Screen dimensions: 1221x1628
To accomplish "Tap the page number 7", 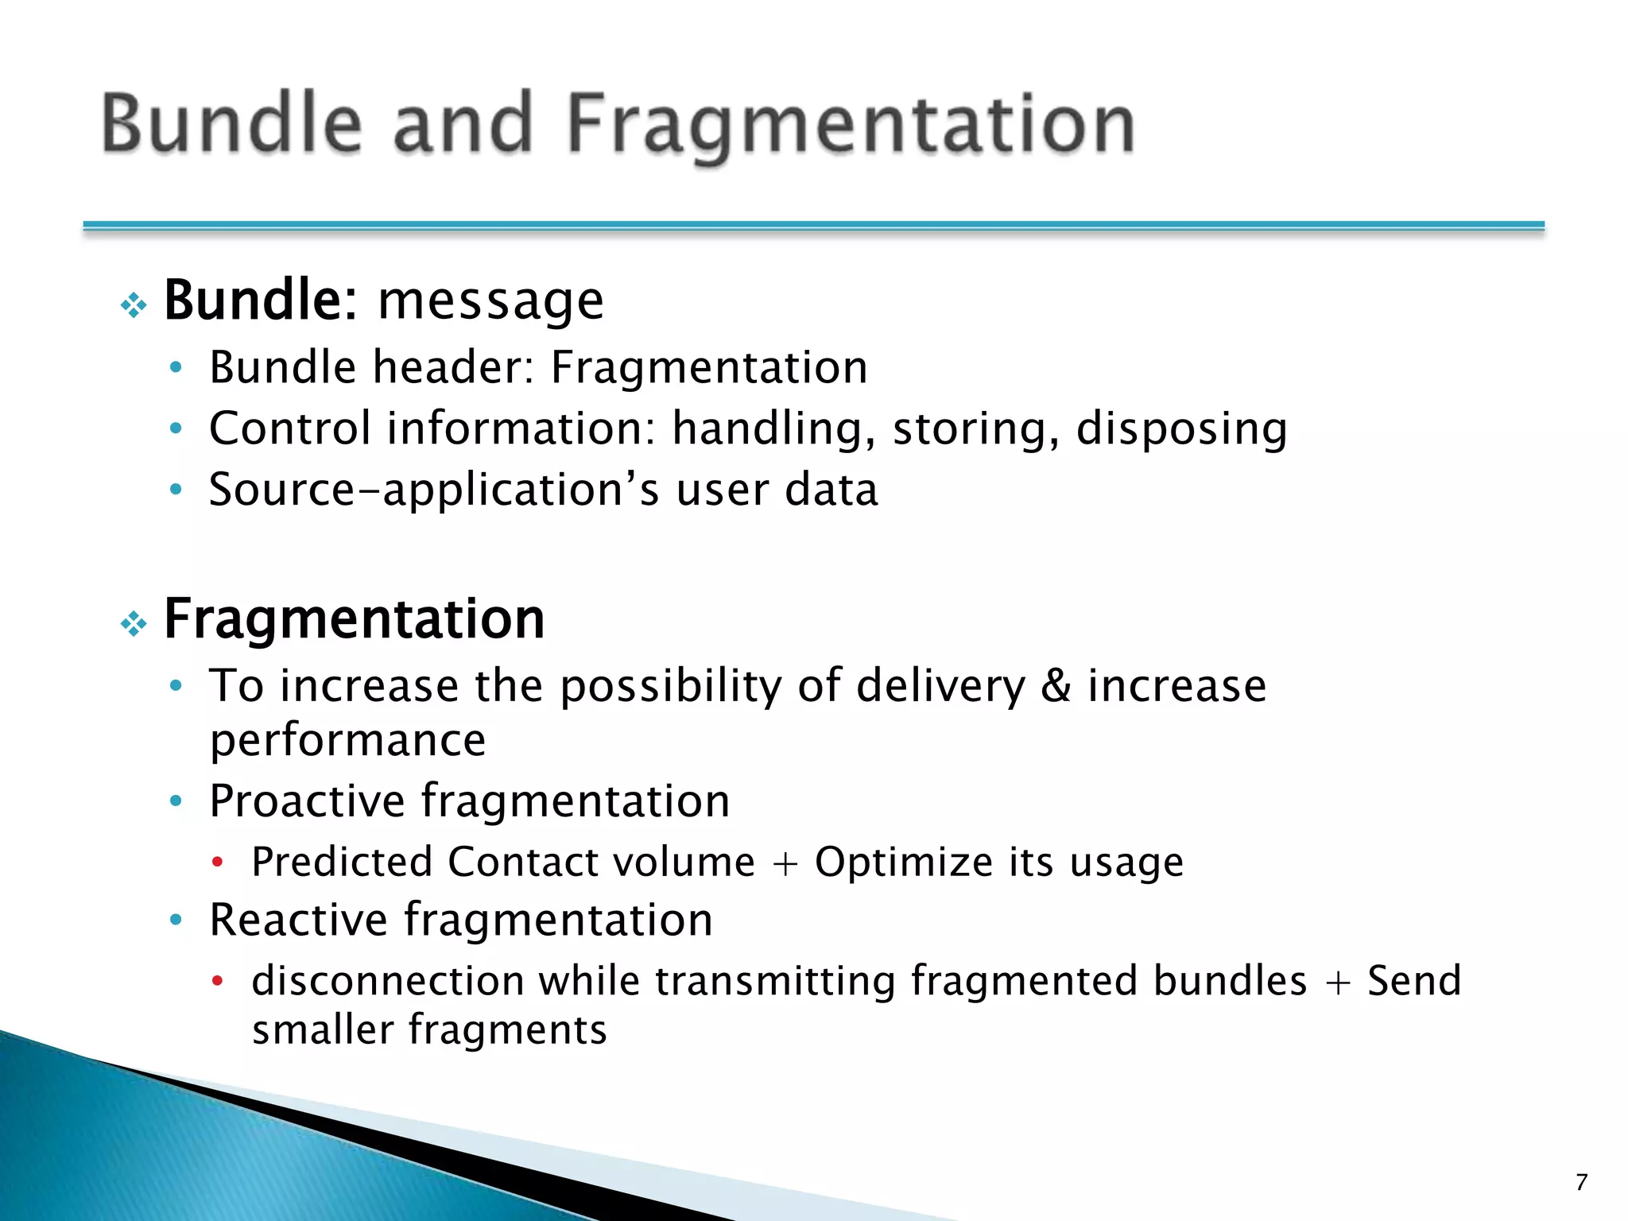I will click(x=1581, y=1182).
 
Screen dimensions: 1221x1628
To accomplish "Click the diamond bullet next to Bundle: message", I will click(x=134, y=305).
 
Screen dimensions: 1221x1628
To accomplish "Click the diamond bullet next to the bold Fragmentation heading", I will click(x=134, y=624).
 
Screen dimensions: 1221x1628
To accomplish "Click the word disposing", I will click(x=1181, y=429).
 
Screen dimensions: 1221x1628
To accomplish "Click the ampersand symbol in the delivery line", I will click(x=1056, y=686).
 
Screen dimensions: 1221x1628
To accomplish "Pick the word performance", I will click(x=347, y=741).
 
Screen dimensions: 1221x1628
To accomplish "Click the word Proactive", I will click(x=307, y=800).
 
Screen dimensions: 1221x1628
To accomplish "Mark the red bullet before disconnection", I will click(x=217, y=982).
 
